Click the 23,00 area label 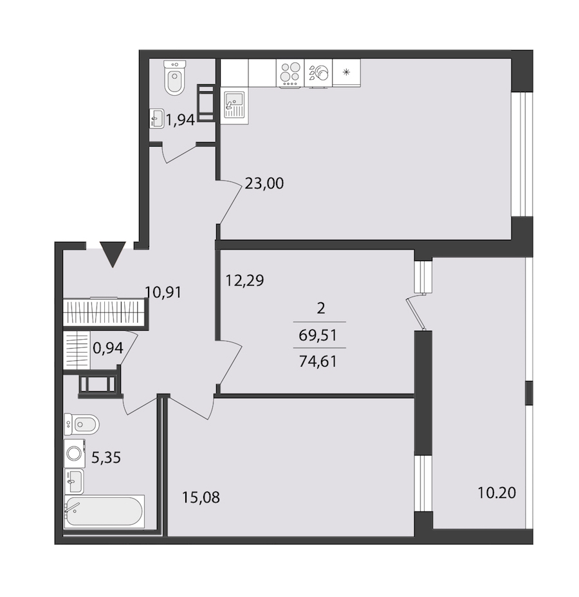(x=264, y=184)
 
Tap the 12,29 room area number (x=244, y=281)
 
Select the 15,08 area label (x=201, y=498)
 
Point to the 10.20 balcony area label (x=497, y=493)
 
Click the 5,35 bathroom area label (x=106, y=457)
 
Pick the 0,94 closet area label (x=108, y=348)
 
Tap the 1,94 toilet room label (x=180, y=120)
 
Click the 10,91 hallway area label (x=163, y=293)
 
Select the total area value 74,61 (x=318, y=361)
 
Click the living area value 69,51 (x=318, y=335)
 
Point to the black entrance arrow (x=113, y=254)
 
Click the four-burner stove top (x=290, y=73)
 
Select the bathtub (x=104, y=511)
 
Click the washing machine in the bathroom (x=74, y=453)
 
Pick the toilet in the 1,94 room (x=175, y=78)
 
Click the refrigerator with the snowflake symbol (x=346, y=72)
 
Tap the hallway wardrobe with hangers (x=105, y=312)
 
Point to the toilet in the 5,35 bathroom (x=82, y=424)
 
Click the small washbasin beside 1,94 (x=157, y=118)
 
